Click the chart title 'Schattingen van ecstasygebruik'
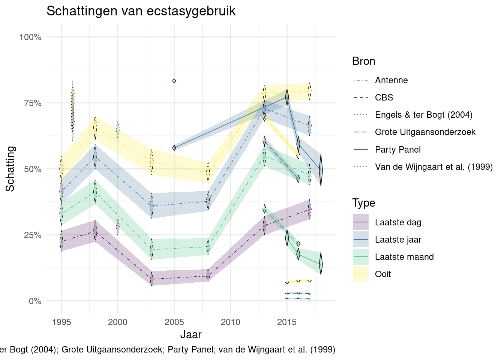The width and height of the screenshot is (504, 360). click(141, 11)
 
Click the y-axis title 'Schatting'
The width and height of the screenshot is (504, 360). click(10, 169)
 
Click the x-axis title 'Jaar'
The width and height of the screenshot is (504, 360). click(191, 334)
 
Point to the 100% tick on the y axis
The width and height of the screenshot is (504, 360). click(30, 37)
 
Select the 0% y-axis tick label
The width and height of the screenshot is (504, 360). click(35, 301)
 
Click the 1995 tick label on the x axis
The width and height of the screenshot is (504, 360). click(61, 322)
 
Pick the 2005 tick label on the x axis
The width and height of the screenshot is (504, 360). click(174, 322)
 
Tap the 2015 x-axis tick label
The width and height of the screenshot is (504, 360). click(287, 322)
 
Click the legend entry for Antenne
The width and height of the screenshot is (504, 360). click(391, 80)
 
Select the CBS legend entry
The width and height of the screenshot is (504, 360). click(384, 97)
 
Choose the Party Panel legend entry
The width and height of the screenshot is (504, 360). click(397, 150)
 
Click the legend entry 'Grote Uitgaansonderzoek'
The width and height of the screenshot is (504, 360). click(425, 132)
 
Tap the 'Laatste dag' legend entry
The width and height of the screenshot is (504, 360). click(398, 222)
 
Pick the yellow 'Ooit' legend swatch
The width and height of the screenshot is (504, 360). click(361, 274)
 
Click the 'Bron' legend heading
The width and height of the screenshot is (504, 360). click(363, 61)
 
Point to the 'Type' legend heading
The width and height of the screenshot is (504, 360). click(363, 203)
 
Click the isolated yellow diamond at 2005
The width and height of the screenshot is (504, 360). click(174, 81)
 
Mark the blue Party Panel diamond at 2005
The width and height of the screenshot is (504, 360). click(174, 148)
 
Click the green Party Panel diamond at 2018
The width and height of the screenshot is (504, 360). click(321, 264)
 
